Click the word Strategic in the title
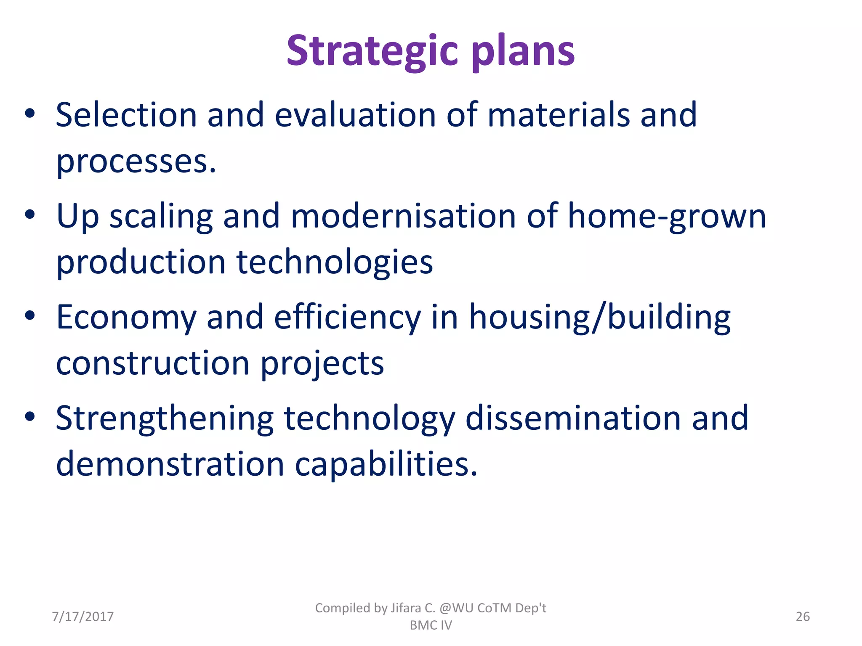pyautogui.click(x=372, y=51)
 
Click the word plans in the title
pyautogui.click(x=523, y=51)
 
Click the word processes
pyautogui.click(x=136, y=162)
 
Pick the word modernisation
pyautogui.click(x=403, y=216)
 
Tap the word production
pyautogui.click(x=141, y=262)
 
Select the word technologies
pyautogui.click(x=335, y=262)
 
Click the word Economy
pyautogui.click(x=126, y=317)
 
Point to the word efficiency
pyautogui.click(x=347, y=317)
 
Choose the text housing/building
pyautogui.click(x=600, y=317)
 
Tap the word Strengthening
pyautogui.click(x=165, y=419)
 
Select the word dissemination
pyautogui.click(x=573, y=418)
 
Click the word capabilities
pyautogui.click(x=386, y=464)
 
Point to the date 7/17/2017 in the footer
pyautogui.click(x=83, y=617)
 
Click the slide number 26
pyautogui.click(x=803, y=617)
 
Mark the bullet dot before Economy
pyautogui.click(x=29, y=315)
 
